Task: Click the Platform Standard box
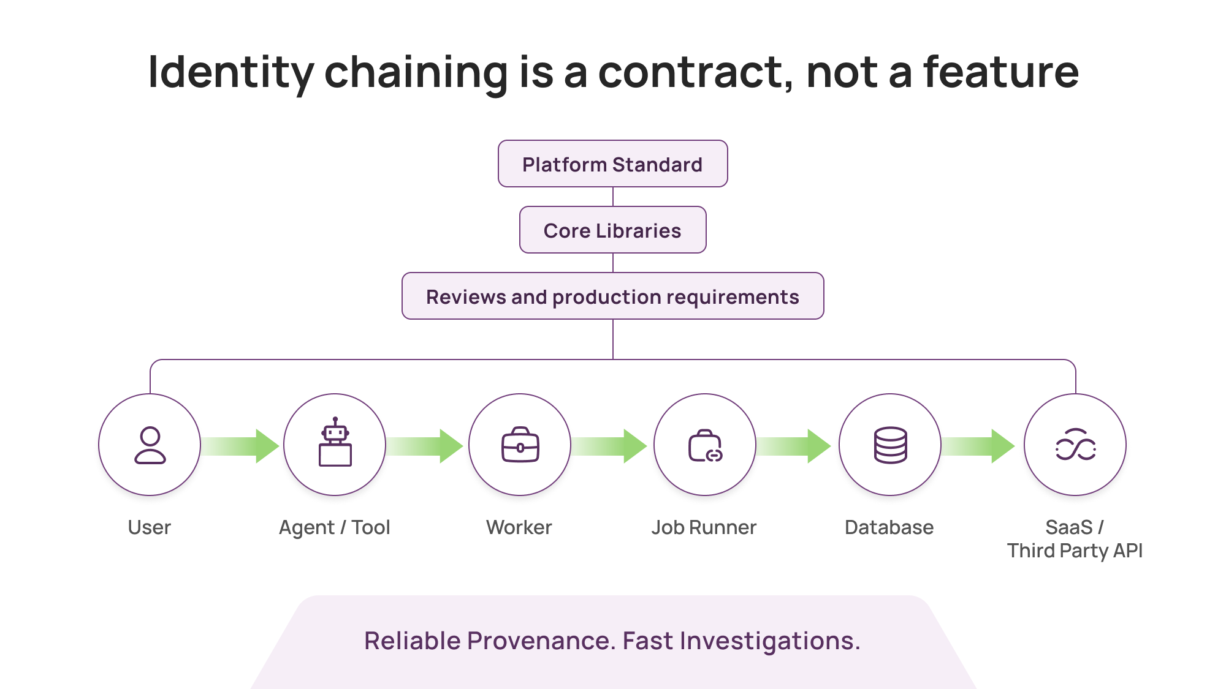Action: point(612,164)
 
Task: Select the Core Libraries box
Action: point(612,230)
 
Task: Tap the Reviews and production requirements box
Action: point(612,296)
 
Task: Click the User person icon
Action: point(150,445)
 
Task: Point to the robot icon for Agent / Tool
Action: point(335,443)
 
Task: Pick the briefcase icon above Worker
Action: point(520,445)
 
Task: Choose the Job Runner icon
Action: point(705,445)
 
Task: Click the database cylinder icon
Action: point(890,445)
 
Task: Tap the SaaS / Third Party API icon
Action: point(1075,445)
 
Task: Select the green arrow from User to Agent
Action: point(242,446)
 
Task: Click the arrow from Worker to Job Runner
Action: point(611,446)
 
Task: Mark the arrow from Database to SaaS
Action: point(980,446)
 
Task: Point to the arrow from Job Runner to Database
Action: point(794,446)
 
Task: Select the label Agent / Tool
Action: point(335,527)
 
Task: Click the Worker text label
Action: point(519,527)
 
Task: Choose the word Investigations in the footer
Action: point(769,641)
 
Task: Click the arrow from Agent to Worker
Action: point(425,446)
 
